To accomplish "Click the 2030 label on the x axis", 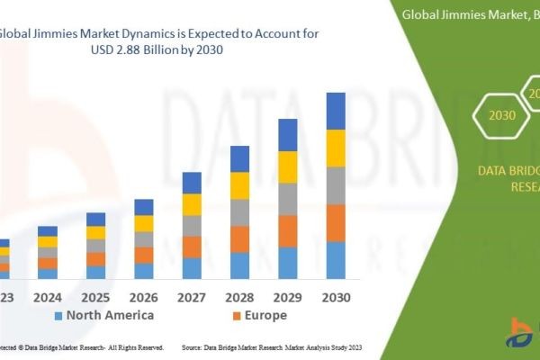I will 336,296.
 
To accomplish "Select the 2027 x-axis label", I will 192,296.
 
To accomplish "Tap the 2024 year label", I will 48,296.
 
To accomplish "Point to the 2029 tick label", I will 288,296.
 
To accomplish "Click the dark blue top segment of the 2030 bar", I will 336,111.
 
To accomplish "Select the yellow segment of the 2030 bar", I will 336,148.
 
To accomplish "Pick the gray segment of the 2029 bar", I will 288,199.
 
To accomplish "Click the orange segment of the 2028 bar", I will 239,238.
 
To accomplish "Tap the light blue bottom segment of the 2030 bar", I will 336,260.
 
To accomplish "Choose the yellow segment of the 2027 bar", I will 192,204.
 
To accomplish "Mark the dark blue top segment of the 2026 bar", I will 144,207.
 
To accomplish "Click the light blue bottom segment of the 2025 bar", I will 95,272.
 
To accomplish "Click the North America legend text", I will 110,315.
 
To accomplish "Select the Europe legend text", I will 265,315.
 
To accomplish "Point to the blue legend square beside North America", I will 59,316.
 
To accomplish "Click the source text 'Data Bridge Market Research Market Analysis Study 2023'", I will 271,346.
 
